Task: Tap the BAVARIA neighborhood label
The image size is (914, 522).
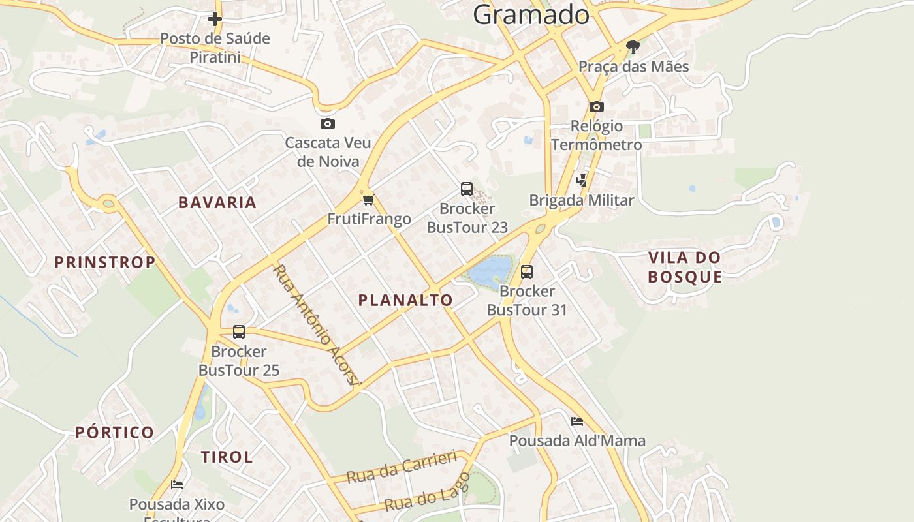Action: point(217,202)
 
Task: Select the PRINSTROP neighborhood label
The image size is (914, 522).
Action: point(104,262)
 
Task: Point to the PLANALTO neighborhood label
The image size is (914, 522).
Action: point(405,300)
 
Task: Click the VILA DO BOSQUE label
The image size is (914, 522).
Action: point(685,267)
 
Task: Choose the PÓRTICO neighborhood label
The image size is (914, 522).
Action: point(114,432)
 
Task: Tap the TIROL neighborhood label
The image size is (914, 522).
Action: point(227,457)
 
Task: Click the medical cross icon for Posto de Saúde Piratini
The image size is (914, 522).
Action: point(214,19)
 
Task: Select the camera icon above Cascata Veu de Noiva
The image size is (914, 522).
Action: point(327,123)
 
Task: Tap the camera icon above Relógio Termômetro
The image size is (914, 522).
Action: point(596,106)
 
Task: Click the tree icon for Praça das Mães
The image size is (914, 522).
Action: point(633,46)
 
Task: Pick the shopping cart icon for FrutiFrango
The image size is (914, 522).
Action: point(369,200)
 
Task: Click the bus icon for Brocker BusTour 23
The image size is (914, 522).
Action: point(466,189)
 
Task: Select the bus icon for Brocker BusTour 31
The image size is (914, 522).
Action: point(526,271)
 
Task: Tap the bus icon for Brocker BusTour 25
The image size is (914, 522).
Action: point(239,332)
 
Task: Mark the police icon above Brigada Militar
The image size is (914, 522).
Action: point(581,181)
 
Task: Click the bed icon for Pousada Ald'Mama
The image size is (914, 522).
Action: point(576,422)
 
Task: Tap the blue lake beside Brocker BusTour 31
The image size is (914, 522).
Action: point(490,271)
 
